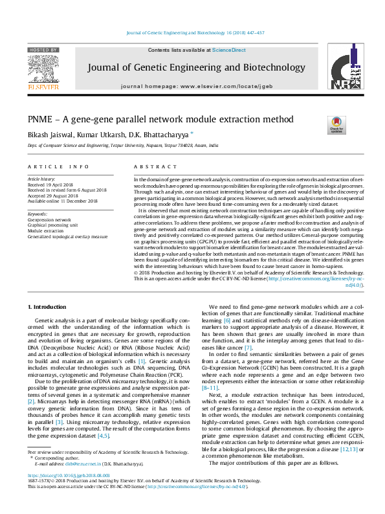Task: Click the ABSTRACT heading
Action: (150, 166)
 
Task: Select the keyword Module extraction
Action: (47, 231)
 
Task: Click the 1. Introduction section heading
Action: (49, 305)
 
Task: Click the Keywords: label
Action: (38, 214)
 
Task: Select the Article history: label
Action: (42, 177)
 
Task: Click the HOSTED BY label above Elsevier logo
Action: (43, 49)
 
